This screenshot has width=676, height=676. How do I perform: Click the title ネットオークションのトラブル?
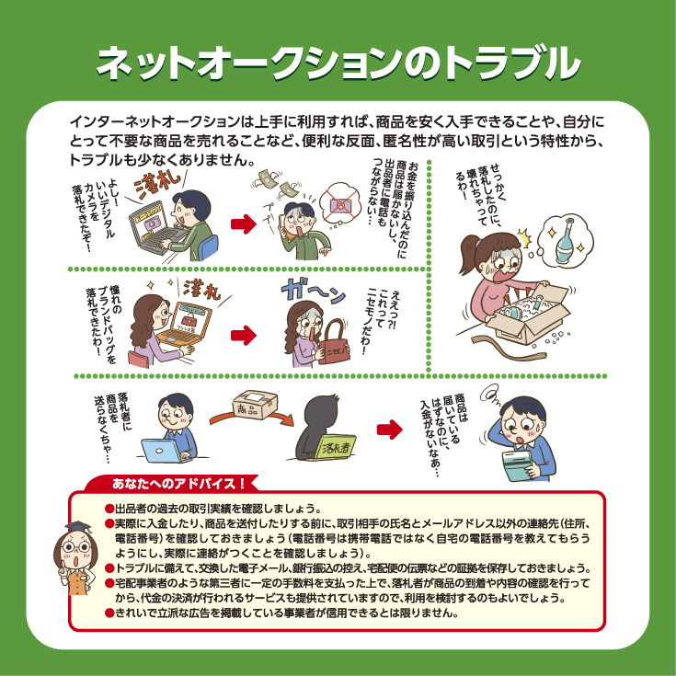[x=338, y=63]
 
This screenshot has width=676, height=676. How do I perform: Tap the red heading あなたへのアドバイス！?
[x=178, y=483]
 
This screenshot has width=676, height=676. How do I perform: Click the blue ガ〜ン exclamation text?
[x=314, y=291]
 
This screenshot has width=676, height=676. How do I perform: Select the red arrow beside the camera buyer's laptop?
[x=244, y=223]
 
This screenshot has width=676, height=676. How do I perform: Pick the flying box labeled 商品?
[x=255, y=405]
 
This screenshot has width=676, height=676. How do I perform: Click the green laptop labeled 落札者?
[x=335, y=447]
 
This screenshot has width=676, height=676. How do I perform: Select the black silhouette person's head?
[x=321, y=412]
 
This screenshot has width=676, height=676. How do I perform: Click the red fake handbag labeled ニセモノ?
[x=333, y=342]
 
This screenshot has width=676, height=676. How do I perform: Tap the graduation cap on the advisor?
[x=78, y=528]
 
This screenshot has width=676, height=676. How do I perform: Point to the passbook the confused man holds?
[x=522, y=464]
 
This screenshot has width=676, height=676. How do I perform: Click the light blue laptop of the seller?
[x=166, y=451]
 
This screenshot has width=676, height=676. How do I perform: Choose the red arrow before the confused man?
[x=390, y=429]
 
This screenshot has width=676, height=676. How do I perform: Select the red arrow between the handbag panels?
[x=244, y=336]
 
